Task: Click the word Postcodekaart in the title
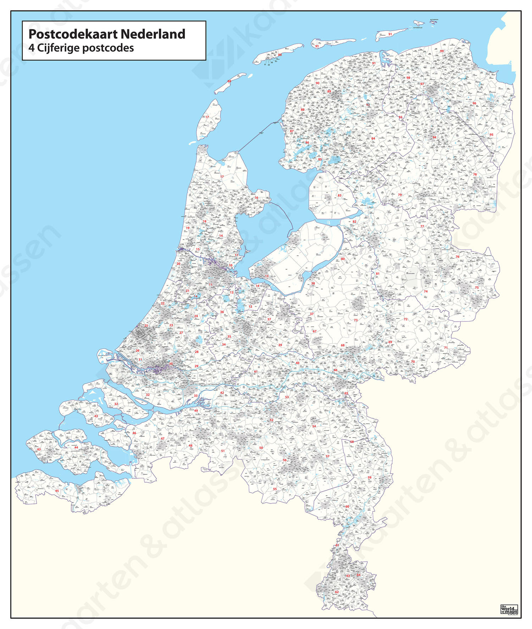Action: click(73, 34)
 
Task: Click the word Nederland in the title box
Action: click(153, 34)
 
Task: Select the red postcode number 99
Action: click(442, 51)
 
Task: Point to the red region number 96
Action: click(474, 103)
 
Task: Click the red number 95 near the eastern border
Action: click(491, 135)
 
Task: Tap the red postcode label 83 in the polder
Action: click(339, 195)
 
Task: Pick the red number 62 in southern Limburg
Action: click(337, 592)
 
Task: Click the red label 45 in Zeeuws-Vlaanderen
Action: click(57, 491)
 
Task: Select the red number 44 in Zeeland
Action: click(76, 447)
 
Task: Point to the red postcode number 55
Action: click(275, 489)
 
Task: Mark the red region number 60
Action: click(347, 506)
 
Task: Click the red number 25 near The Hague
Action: click(146, 325)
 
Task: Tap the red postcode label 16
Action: click(256, 198)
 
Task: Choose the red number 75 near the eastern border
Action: click(477, 288)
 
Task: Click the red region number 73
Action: click(355, 320)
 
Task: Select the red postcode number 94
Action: click(434, 137)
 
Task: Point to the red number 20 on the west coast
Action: click(178, 264)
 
